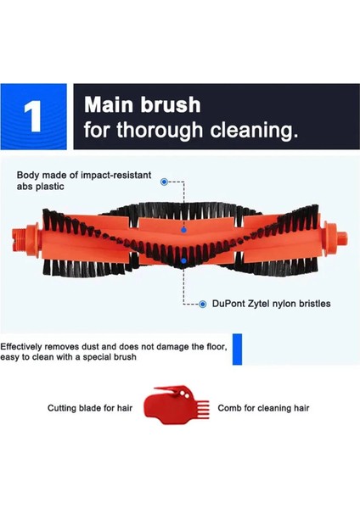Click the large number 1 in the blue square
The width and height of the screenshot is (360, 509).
click(x=34, y=117)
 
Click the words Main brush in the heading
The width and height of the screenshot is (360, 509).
click(x=143, y=105)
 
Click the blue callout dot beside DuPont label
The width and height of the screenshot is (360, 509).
click(x=202, y=304)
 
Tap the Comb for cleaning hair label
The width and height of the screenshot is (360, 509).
click(x=263, y=408)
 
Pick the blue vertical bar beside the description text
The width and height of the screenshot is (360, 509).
click(x=237, y=350)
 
